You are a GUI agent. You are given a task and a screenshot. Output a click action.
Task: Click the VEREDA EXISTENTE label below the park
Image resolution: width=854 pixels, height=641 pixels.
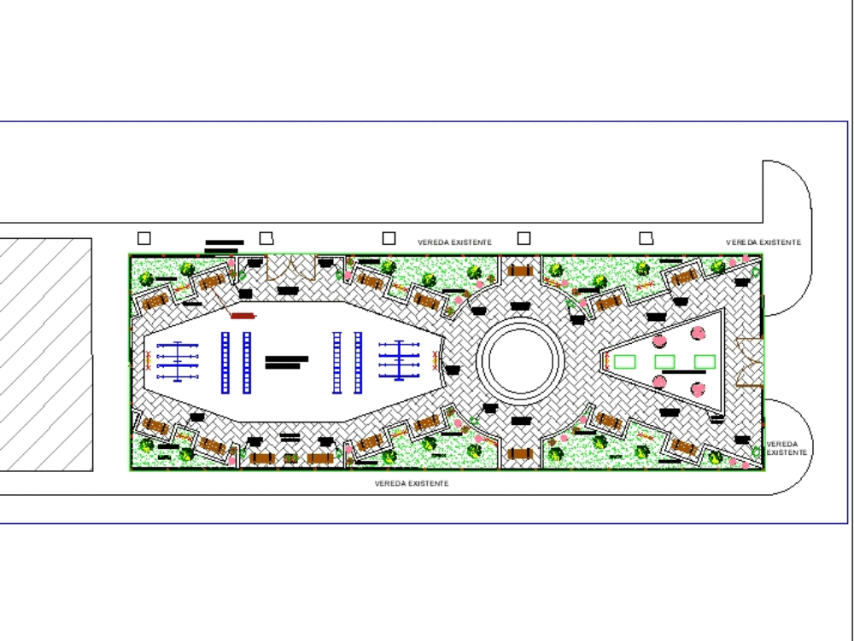pos(412,484)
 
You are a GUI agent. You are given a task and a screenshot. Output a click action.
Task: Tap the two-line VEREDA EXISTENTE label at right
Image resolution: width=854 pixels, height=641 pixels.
pos(782,448)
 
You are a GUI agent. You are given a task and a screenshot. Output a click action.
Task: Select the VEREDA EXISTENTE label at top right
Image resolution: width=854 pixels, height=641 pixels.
pos(763,242)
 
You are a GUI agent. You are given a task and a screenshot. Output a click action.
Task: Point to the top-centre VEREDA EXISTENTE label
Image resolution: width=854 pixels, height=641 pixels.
pos(454,242)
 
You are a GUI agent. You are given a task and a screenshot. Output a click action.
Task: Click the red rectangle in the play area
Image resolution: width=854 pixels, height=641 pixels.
pos(243,316)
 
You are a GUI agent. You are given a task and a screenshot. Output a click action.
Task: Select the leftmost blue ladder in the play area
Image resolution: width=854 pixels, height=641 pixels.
pos(225,363)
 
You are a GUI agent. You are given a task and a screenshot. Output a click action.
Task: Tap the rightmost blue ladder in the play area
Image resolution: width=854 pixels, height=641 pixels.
pos(358,363)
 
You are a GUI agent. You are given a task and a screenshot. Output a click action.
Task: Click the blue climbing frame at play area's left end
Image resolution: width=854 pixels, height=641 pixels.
pos(178,362)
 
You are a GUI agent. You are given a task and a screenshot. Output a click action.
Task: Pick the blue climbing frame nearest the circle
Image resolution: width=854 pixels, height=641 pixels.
pos(399,361)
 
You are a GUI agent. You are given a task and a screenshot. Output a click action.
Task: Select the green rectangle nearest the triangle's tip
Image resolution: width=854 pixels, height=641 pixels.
pos(625,362)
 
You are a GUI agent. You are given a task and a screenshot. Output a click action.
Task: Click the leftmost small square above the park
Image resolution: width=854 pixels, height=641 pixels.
pos(144,238)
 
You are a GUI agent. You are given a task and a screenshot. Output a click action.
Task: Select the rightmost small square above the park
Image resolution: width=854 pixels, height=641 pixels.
pos(646,238)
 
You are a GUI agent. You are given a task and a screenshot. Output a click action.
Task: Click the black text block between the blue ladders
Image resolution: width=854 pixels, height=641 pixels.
pos(286,362)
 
